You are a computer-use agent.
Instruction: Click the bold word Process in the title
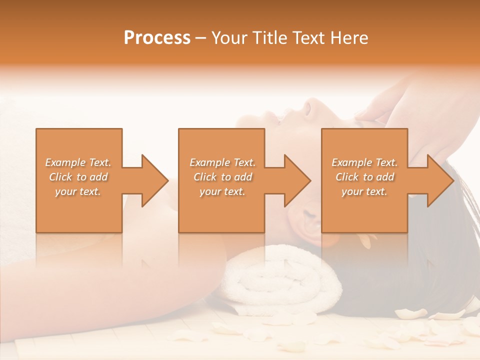pos(157,38)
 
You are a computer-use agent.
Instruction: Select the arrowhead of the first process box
pos(152,180)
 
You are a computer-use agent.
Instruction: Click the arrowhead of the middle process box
pos(295,180)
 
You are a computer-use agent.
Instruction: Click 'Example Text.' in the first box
pos(78,162)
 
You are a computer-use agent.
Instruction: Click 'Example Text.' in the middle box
pos(222,162)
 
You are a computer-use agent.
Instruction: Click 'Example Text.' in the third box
pos(364,162)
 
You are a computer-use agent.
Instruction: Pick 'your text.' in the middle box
pos(222,191)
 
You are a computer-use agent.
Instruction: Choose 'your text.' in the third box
pos(364,191)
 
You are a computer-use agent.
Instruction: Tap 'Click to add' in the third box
pos(364,177)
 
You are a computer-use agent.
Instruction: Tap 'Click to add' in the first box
pos(78,177)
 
